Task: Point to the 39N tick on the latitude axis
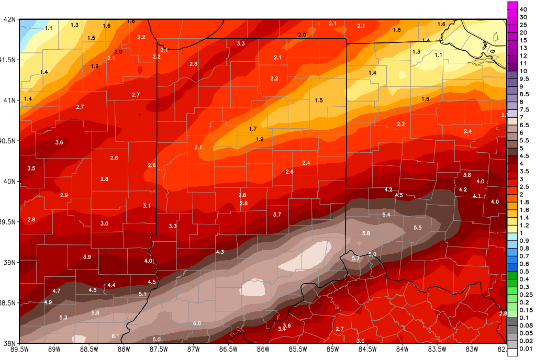click(x=9, y=262)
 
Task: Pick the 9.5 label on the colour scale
click(x=523, y=78)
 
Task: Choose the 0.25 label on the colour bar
click(x=523, y=295)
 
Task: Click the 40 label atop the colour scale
click(x=523, y=9)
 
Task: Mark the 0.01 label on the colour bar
click(x=523, y=348)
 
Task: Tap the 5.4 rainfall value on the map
click(x=387, y=215)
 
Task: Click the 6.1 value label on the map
click(x=116, y=336)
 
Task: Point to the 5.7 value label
click(x=356, y=258)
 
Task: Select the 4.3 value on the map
click(x=220, y=252)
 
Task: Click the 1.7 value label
click(x=253, y=129)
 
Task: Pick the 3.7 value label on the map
click(x=277, y=215)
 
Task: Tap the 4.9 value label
click(x=48, y=302)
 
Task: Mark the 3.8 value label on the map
click(x=467, y=175)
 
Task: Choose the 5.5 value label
click(x=418, y=228)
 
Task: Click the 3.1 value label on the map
click(x=147, y=206)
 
